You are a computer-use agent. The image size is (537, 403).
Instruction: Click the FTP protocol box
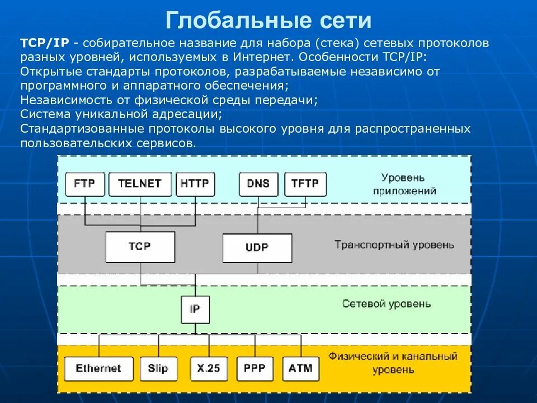point(85,184)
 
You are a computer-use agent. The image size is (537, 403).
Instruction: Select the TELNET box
point(140,184)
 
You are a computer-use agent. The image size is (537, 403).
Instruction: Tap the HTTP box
point(195,184)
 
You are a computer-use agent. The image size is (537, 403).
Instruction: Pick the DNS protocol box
point(258,184)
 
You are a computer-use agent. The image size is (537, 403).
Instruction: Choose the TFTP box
point(305,184)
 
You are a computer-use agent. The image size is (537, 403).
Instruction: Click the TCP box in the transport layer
point(140,246)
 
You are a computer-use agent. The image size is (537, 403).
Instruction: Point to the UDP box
point(257,247)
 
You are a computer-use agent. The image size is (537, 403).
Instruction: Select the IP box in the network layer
point(195,309)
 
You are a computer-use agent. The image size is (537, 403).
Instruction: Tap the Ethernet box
point(99,369)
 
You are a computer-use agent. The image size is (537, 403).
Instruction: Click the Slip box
point(158,369)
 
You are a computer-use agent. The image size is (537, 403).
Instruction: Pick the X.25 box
point(209,369)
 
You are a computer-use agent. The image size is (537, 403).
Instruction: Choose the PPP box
point(255,369)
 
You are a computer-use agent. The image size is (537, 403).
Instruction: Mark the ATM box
point(301,369)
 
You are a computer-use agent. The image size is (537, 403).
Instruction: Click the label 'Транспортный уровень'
point(394,245)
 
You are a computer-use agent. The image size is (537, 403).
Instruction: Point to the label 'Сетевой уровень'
point(386,304)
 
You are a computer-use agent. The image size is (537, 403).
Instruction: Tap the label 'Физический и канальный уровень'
point(393,363)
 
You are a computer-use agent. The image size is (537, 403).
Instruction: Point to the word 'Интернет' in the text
point(265,57)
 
